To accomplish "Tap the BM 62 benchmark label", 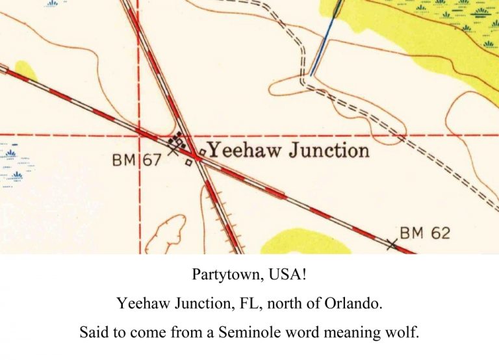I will pos(424,232).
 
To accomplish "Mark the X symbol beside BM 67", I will pos(173,150).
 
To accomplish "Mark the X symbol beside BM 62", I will pos(391,244).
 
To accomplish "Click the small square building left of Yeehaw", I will pos(202,151).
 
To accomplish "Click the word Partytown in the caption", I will pos(225,275).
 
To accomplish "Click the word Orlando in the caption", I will pos(355,303).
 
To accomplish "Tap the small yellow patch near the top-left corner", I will pos(25,70).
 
